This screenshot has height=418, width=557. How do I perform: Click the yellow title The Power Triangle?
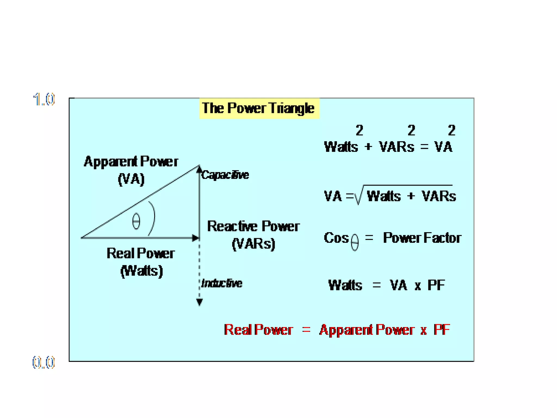pyautogui.click(x=259, y=108)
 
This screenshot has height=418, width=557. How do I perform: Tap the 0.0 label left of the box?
pyautogui.click(x=44, y=362)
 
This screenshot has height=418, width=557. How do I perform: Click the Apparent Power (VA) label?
pyautogui.click(x=131, y=170)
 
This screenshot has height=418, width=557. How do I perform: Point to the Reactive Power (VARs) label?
pyautogui.click(x=253, y=235)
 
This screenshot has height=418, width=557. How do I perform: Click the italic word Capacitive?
pyautogui.click(x=225, y=175)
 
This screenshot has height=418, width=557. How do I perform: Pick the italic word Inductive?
pyautogui.click(x=222, y=283)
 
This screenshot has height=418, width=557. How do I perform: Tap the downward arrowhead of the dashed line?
pyautogui.click(x=199, y=302)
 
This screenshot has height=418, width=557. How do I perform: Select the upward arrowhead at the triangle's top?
pyautogui.click(x=199, y=169)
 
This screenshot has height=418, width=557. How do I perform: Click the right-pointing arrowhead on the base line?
pyautogui.click(x=195, y=238)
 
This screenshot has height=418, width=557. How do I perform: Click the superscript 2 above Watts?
pyautogui.click(x=359, y=130)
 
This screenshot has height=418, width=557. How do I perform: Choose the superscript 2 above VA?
pyautogui.click(x=451, y=130)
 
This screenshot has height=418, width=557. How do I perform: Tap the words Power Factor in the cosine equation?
pyautogui.click(x=422, y=238)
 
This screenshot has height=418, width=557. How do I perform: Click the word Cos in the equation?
pyautogui.click(x=336, y=238)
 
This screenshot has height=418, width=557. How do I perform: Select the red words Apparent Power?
pyautogui.click(x=367, y=330)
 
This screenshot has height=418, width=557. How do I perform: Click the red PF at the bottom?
pyautogui.click(x=442, y=330)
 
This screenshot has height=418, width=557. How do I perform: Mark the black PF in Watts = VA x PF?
pyautogui.click(x=436, y=285)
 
